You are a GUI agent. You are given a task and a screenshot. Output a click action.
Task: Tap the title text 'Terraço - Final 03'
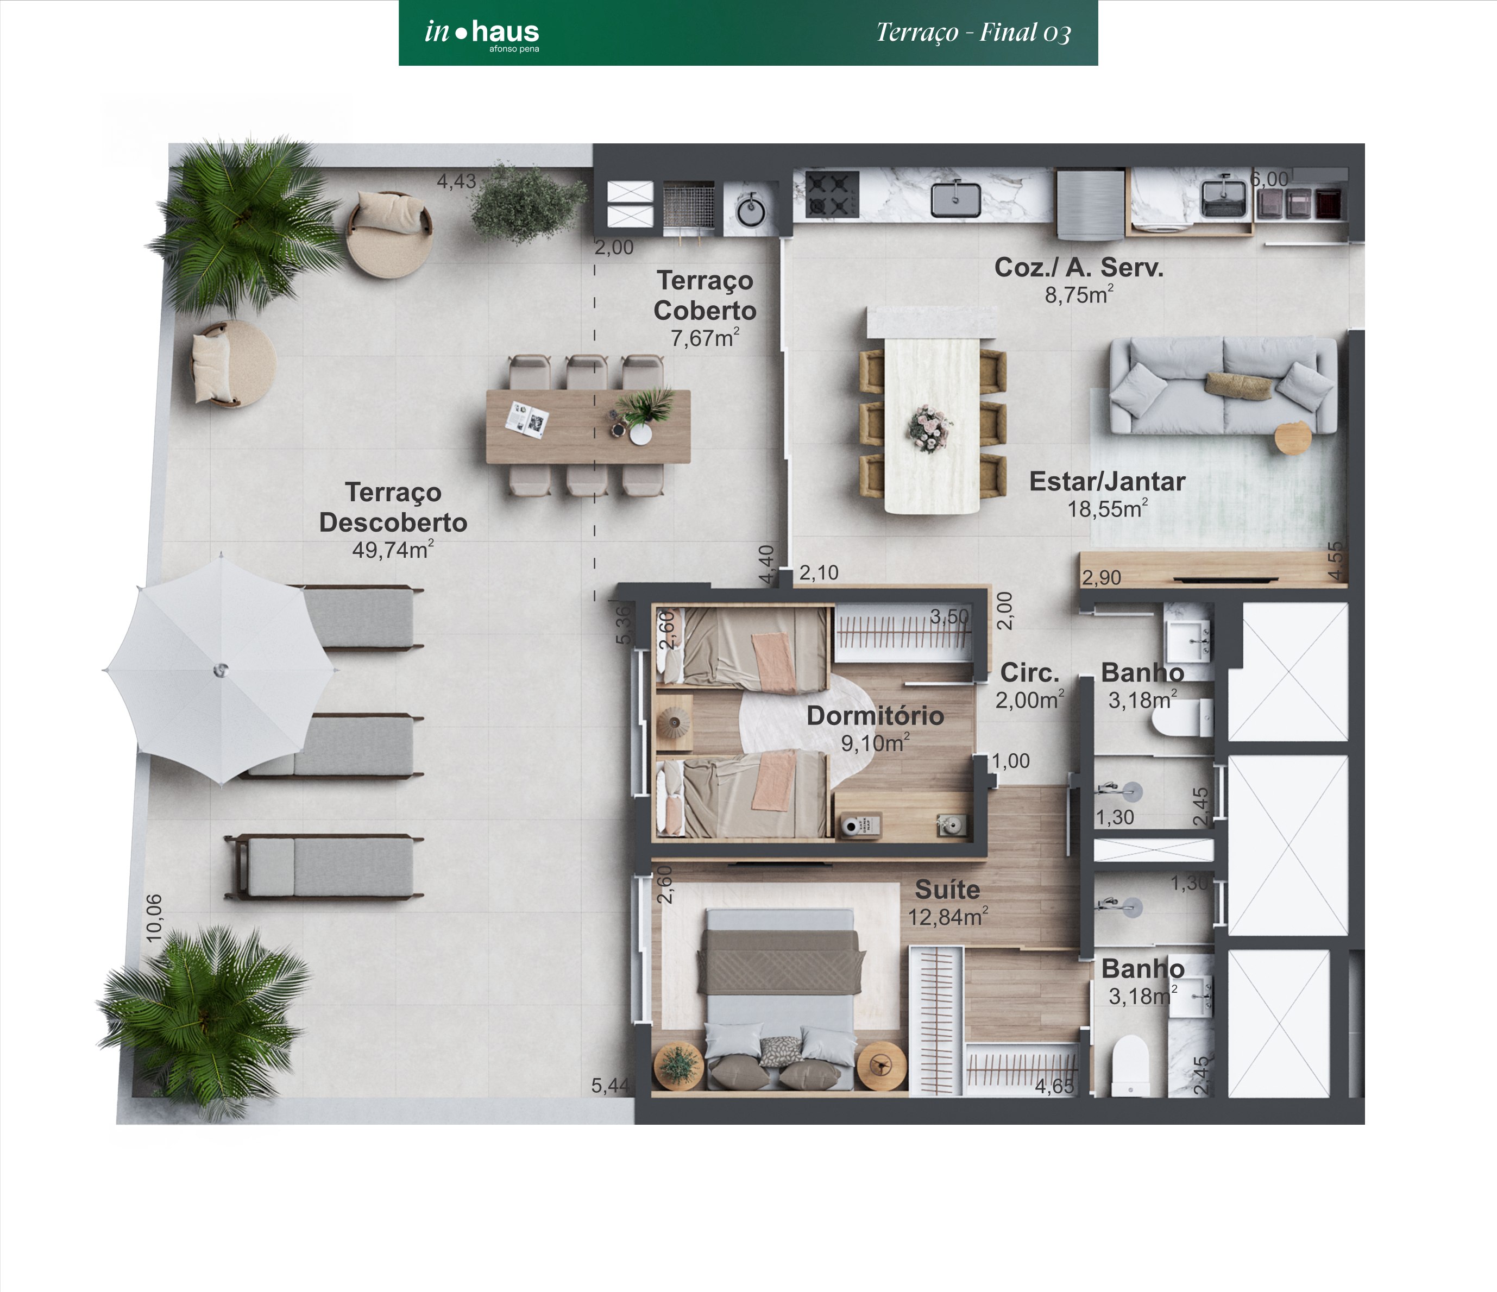pos(973,33)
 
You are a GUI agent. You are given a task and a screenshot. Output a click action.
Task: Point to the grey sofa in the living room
pos(1223,385)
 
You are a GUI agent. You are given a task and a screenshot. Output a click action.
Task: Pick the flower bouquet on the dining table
pos(929,427)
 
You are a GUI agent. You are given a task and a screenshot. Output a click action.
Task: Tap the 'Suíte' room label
pos(947,889)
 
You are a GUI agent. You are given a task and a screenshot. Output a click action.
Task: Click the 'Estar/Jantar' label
pos(1107,481)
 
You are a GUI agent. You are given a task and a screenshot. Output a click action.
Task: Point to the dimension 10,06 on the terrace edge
pos(154,918)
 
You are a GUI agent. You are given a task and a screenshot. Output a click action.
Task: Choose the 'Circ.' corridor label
pos(1029,672)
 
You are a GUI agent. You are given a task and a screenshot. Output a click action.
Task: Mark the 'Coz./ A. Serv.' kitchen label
pos(1079,267)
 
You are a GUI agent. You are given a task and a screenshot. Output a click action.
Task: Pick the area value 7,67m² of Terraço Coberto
pos(705,337)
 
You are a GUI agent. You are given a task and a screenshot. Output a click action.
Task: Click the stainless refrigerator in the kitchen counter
pos(1090,203)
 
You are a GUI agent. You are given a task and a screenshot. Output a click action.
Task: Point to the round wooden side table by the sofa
pos(1293,438)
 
